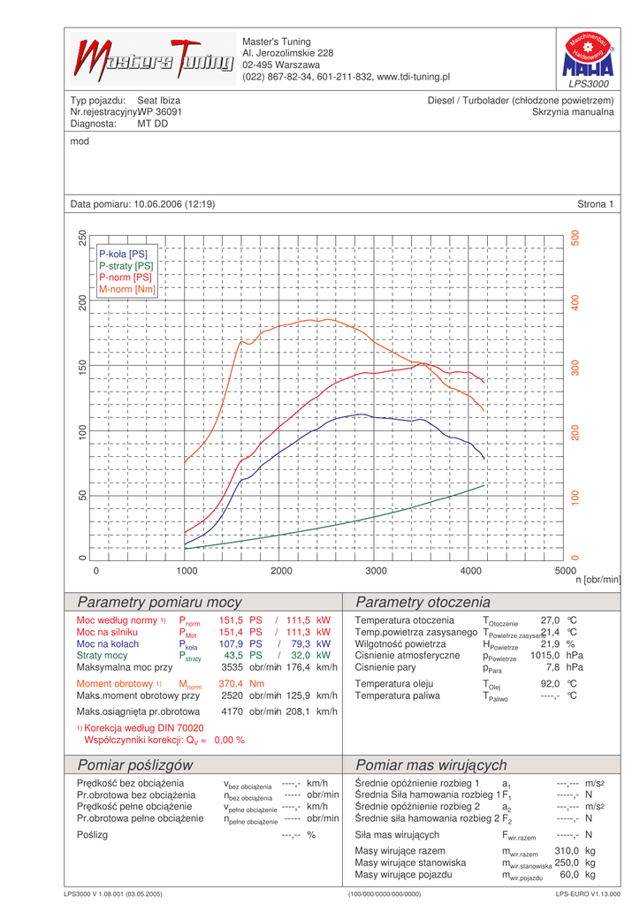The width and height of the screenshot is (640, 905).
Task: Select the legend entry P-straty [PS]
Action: [126, 265]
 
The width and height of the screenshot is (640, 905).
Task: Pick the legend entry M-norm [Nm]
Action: [127, 289]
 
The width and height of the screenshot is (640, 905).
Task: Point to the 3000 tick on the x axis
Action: [376, 571]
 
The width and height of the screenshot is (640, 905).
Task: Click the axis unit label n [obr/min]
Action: [598, 580]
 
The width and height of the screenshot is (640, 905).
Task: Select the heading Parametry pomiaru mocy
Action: [160, 603]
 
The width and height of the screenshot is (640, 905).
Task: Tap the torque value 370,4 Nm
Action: [241, 683]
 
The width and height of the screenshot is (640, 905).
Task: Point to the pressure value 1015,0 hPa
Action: [557, 657]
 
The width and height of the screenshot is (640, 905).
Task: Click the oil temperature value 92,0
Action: [551, 683]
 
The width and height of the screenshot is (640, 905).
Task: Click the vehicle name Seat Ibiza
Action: [158, 101]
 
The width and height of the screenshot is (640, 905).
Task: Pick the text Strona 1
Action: [595, 204]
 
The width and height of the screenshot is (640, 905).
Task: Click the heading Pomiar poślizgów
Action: [135, 764]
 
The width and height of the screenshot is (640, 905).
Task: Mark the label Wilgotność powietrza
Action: [400, 644]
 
